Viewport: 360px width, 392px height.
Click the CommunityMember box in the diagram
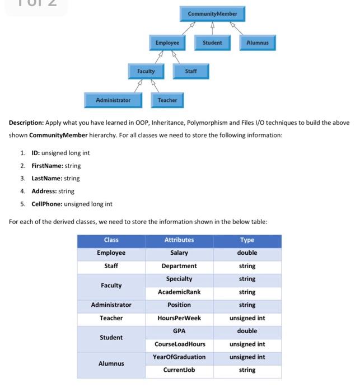click(x=212, y=14)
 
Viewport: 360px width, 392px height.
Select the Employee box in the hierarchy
click(x=167, y=43)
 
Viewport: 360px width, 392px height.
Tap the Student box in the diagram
click(x=212, y=43)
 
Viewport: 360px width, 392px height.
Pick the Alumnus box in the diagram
click(x=258, y=43)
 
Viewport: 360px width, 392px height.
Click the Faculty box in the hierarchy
click(x=146, y=71)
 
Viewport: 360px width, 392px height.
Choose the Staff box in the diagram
click(x=191, y=71)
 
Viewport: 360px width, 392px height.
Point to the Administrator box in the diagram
click(x=113, y=100)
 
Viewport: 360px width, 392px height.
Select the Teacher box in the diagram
click(x=167, y=100)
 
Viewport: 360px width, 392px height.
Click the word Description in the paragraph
click(x=26, y=123)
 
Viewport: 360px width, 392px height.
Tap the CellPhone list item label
click(x=46, y=204)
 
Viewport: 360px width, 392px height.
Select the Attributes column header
click(x=179, y=240)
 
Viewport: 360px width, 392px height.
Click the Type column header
click(x=247, y=240)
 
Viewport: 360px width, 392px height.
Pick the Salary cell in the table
click(x=179, y=253)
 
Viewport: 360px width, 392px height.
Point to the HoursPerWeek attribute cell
click(x=179, y=318)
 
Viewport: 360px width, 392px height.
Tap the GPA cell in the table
click(x=179, y=331)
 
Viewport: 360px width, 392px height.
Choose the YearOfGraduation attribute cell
click(x=179, y=357)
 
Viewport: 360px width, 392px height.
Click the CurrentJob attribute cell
click(x=179, y=370)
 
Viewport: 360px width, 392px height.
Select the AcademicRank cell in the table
click(x=179, y=292)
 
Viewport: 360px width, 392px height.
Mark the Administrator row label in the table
click(x=111, y=305)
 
